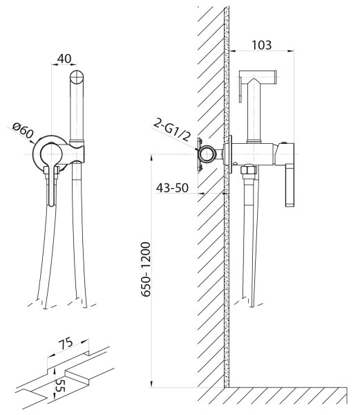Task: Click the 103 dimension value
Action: click(261, 45)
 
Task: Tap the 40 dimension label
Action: click(64, 59)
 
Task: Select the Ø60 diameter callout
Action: click(23, 130)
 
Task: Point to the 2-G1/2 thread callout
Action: click(172, 130)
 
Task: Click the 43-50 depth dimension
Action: click(172, 188)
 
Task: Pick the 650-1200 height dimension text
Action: click(146, 269)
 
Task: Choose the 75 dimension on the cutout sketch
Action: click(66, 344)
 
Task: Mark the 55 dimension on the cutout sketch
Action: click(61, 386)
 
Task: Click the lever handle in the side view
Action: click(290, 185)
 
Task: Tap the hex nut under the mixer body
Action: click(249, 169)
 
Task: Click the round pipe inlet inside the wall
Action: click(207, 154)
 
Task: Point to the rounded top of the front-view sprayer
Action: click(77, 77)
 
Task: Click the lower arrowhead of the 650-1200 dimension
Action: click(151, 385)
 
